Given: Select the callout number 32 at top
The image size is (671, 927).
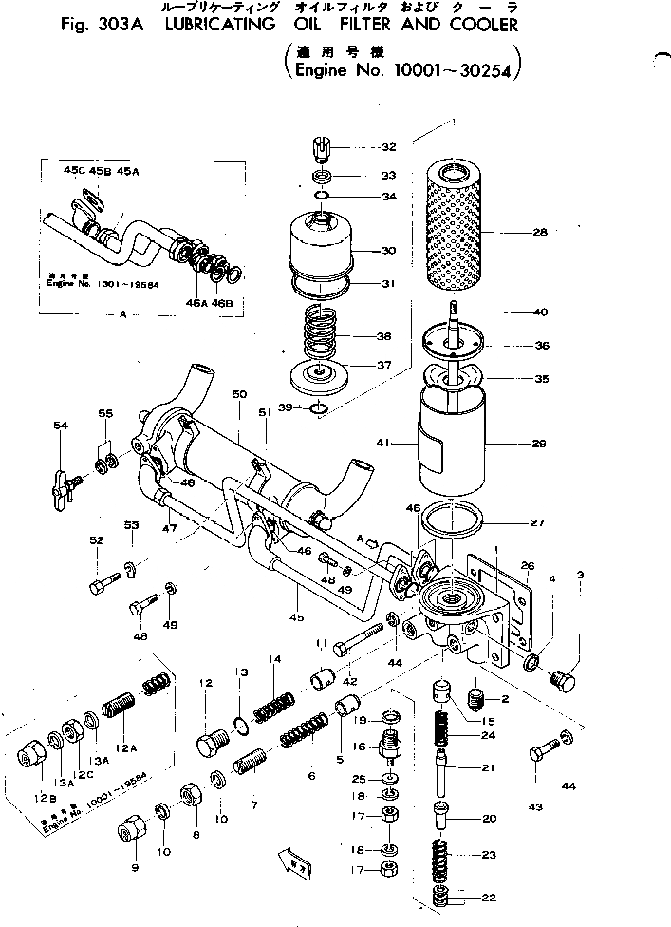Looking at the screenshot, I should [x=362, y=147].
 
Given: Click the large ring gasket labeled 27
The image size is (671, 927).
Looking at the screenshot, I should [x=456, y=521].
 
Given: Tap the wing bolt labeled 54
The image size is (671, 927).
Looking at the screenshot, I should [x=64, y=480].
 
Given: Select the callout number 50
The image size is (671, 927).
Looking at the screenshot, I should [x=237, y=394].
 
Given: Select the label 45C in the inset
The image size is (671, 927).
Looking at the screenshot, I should [x=74, y=170].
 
